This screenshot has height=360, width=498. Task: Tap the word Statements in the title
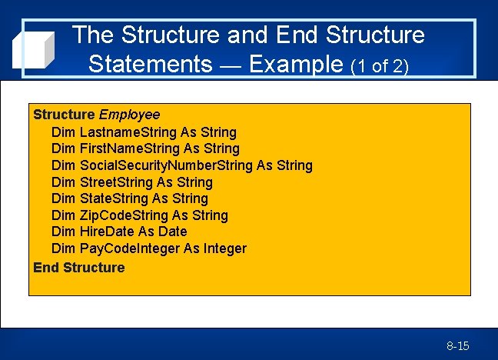coord(150,63)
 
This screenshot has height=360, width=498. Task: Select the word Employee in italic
coord(129,115)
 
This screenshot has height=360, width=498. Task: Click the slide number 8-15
coord(457,346)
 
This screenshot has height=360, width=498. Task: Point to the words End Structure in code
coord(78,268)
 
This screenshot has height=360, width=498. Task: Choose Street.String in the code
coord(116,182)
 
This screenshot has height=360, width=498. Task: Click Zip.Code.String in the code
coord(124,215)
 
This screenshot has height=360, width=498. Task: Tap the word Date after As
coord(173,232)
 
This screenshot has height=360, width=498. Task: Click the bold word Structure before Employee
coord(64,115)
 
